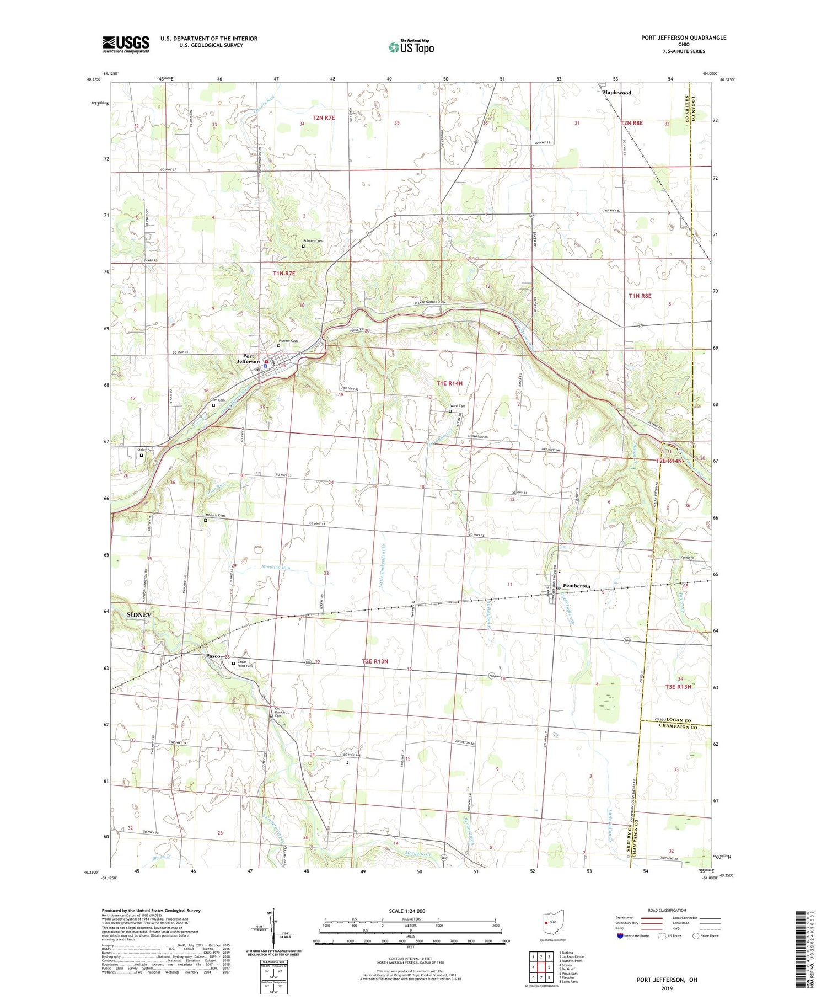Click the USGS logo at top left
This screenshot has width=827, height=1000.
click(x=126, y=44)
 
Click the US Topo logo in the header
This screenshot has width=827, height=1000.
click(x=411, y=47)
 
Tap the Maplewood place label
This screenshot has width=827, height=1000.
click(x=616, y=93)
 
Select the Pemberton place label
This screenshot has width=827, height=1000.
click(x=576, y=586)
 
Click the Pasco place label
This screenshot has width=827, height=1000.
click(x=213, y=656)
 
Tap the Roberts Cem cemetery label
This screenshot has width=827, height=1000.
click(x=313, y=241)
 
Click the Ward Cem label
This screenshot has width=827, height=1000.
click(x=459, y=407)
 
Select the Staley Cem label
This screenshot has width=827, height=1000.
click(x=146, y=450)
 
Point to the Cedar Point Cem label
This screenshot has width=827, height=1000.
click(x=245, y=664)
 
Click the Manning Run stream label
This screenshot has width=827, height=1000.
click(x=276, y=568)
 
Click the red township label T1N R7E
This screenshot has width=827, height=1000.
click(x=284, y=274)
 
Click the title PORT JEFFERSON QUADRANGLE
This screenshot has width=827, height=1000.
click(x=683, y=38)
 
